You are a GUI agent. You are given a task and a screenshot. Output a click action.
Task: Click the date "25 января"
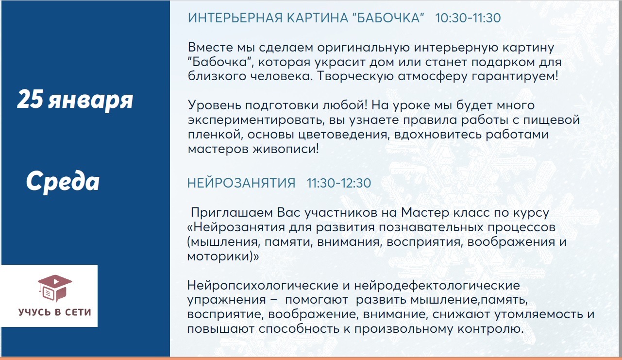click(75, 100)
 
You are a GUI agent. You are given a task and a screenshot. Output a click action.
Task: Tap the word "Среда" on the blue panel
click(63, 181)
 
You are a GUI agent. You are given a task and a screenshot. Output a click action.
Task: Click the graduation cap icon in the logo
click(55, 288)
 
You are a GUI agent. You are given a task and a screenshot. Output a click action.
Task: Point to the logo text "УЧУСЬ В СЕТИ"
click(55, 312)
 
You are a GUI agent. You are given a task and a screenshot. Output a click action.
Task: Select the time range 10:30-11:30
click(468, 18)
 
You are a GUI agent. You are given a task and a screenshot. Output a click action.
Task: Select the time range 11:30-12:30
click(339, 183)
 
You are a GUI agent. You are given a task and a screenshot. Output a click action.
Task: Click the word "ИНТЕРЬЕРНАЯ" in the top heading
click(235, 18)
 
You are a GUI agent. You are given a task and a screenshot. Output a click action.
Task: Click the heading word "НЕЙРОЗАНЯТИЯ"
click(241, 183)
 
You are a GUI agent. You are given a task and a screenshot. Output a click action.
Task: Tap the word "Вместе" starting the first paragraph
click(210, 47)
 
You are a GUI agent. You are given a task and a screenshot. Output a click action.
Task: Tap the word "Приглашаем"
click(232, 213)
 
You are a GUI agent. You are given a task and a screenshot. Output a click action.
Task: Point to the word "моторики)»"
click(223, 257)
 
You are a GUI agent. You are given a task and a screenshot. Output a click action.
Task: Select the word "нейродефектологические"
click(437, 286)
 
